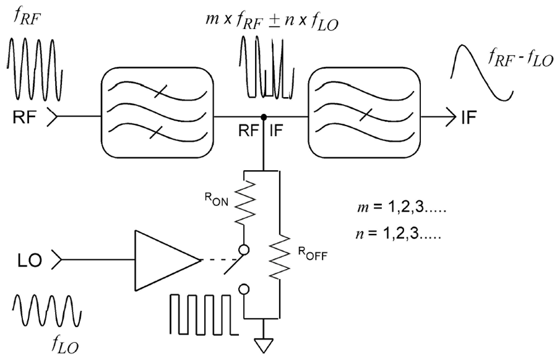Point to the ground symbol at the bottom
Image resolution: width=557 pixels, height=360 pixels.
(x=264, y=344)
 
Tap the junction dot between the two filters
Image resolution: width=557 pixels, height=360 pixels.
(x=264, y=116)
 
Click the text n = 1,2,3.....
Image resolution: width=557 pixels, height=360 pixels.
(x=396, y=234)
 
